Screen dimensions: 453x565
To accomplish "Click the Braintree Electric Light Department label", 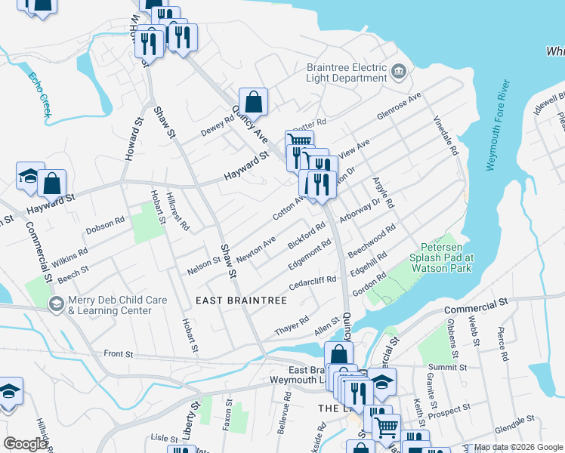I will (x=346, y=72).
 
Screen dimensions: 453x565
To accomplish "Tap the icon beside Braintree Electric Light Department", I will (x=399, y=72).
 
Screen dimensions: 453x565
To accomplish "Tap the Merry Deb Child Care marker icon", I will (x=55, y=305).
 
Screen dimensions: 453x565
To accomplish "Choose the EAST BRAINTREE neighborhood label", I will (x=241, y=300).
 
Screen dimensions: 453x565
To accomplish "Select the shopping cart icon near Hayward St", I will (x=299, y=142).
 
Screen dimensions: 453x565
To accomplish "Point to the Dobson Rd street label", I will (x=104, y=224).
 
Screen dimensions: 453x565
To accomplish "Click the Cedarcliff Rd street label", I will (x=313, y=285).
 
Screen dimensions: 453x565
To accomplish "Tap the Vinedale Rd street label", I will (x=446, y=136).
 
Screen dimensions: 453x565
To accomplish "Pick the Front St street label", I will (x=119, y=353).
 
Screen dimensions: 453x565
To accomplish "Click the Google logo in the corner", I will (x=25, y=444).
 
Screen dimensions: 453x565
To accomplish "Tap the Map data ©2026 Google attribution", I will (x=518, y=447).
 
